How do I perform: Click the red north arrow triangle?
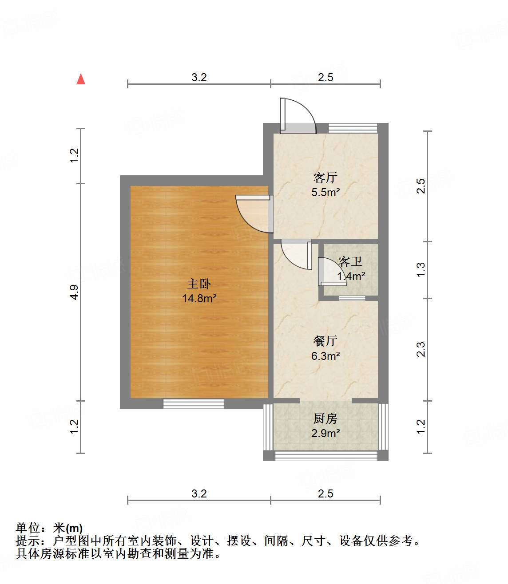(x=81, y=79)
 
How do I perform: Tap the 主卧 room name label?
(x=199, y=284)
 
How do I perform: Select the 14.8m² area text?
(x=199, y=298)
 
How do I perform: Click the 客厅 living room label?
(x=325, y=178)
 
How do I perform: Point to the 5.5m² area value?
(x=325, y=193)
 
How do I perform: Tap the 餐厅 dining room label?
(x=325, y=341)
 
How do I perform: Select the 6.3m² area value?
(x=325, y=356)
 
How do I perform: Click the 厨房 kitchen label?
(x=325, y=418)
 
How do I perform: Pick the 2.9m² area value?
(x=325, y=433)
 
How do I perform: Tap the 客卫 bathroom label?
(x=350, y=262)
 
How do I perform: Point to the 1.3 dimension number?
(x=421, y=270)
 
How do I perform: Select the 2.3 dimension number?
(x=421, y=349)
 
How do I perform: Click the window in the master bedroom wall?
(x=193, y=403)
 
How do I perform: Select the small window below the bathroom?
(x=352, y=298)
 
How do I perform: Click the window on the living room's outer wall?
(x=353, y=128)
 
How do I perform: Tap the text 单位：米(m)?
(x=49, y=528)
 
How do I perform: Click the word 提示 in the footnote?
(x=28, y=541)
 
